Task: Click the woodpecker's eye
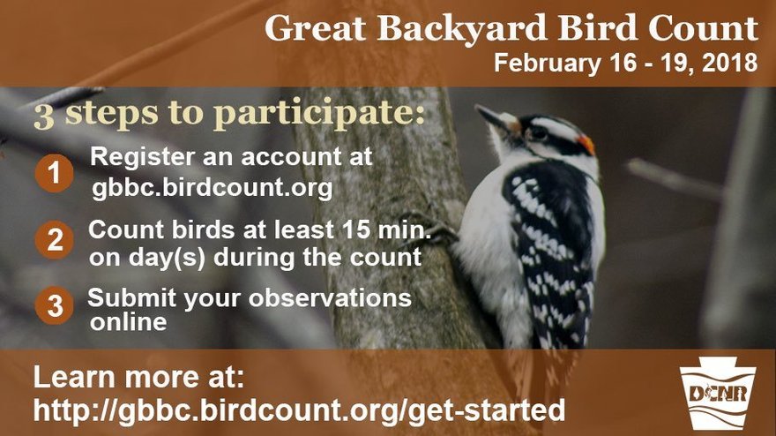coord(537,132)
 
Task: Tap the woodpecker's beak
coord(491,117)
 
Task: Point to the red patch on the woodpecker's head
coord(586,143)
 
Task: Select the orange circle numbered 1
coord(53,174)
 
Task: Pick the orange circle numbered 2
coord(54,240)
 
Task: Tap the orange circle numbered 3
coord(54,306)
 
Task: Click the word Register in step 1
coord(138,157)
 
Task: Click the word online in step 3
coord(129,322)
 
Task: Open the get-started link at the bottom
coord(300,410)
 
